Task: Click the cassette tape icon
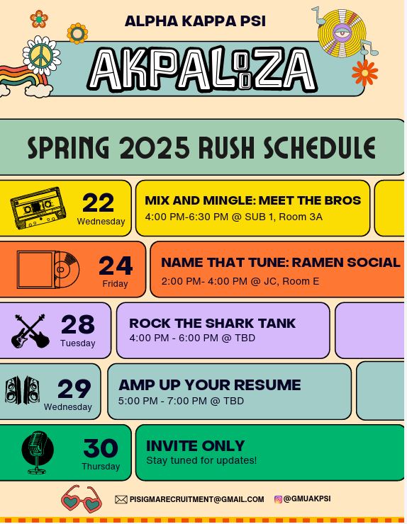click(x=38, y=208)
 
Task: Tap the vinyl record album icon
click(x=48, y=269)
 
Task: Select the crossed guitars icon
click(x=30, y=331)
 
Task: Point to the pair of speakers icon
click(x=22, y=389)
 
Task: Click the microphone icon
click(x=38, y=452)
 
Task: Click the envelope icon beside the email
click(x=121, y=499)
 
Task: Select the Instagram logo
click(x=278, y=499)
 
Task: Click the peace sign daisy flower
click(x=42, y=55)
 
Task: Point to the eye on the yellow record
click(x=342, y=33)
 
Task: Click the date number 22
click(x=98, y=203)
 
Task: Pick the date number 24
click(x=116, y=266)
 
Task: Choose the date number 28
click(x=78, y=324)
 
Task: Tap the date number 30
click(x=101, y=448)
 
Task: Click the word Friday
click(x=115, y=284)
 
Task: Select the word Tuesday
click(x=78, y=343)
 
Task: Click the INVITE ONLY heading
click(x=196, y=446)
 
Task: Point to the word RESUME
click(x=267, y=385)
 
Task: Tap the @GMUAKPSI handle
click(x=307, y=499)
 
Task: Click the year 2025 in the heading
click(x=155, y=148)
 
